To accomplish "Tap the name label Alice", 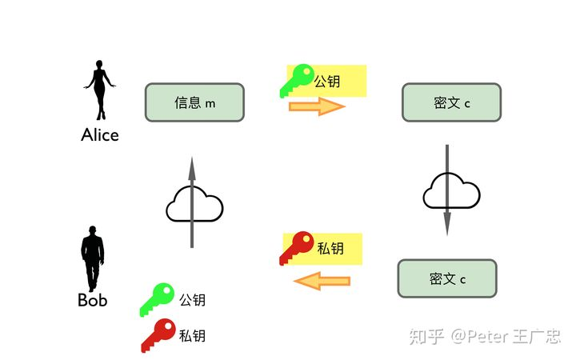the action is tap(100, 134).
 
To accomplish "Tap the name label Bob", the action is tap(93, 301).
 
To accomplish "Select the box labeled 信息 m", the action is tap(194, 102).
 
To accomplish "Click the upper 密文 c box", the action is tap(451, 102).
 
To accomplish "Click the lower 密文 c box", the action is tap(447, 278).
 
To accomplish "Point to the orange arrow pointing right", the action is tap(317, 106).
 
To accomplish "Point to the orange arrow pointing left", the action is tap(322, 281).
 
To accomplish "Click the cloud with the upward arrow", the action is tap(193, 206).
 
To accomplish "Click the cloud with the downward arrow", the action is tap(450, 192).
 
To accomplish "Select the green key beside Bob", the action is tap(158, 299).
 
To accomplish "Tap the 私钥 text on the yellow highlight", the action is tap(330, 249).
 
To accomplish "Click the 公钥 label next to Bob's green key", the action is tap(192, 300).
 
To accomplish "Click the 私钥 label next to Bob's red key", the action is tap(192, 336).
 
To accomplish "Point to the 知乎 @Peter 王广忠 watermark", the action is tap(485, 336).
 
